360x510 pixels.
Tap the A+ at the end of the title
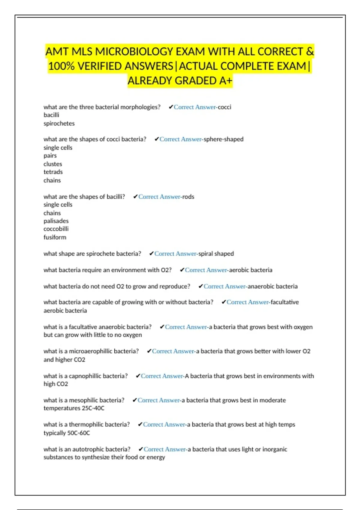pyautogui.click(x=226, y=81)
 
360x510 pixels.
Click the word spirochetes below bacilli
pyautogui.click(x=59, y=123)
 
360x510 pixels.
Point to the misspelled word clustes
pyautogui.click(x=53, y=164)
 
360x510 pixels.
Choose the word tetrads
pyautogui.click(x=53, y=172)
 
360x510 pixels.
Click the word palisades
pyautogui.click(x=56, y=221)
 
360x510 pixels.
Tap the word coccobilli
pyautogui.click(x=56, y=229)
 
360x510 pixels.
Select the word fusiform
pyautogui.click(x=55, y=237)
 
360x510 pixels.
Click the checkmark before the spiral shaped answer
pyautogui.click(x=151, y=253)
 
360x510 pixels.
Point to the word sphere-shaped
pyautogui.click(x=223, y=139)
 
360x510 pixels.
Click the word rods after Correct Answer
pyautogui.click(x=188, y=197)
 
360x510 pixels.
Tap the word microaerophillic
pyautogui.click(x=95, y=351)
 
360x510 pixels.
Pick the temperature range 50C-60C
pyautogui.click(x=79, y=433)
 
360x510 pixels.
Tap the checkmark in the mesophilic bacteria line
pyautogui.click(x=135, y=400)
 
